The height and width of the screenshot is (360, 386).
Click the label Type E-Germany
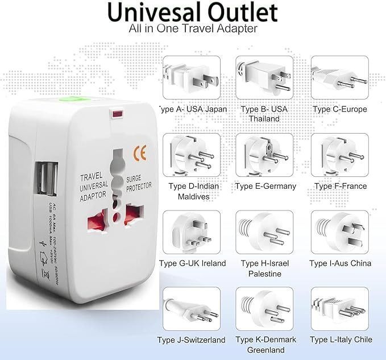point(265,186)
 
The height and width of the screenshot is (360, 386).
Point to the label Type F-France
point(341,186)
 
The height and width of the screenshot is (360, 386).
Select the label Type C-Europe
point(340,109)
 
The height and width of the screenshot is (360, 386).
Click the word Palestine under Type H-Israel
point(264,274)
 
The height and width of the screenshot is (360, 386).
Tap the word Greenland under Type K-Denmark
point(265,350)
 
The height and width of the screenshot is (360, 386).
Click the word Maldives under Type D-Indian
point(193,197)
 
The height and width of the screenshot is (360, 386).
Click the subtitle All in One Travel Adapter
point(193,28)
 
